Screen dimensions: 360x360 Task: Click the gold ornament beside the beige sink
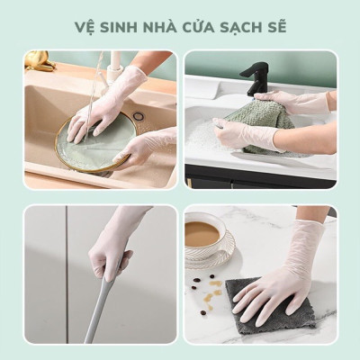tap(39, 60)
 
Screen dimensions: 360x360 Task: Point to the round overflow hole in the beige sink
tap(139, 115)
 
